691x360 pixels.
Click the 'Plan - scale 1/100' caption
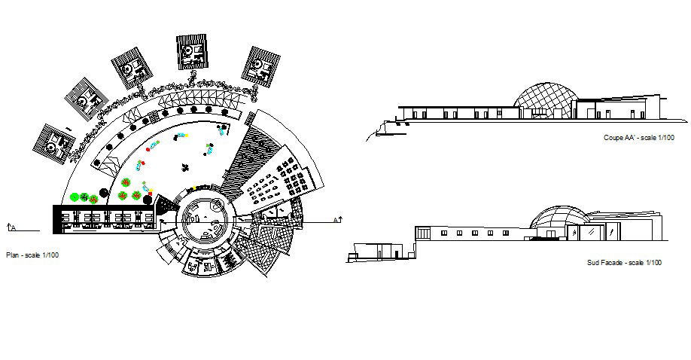[32, 255]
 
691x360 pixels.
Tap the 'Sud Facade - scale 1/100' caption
[624, 262]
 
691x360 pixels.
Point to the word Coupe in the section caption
[613, 139]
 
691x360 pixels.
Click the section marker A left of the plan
[11, 226]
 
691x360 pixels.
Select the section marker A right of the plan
[338, 219]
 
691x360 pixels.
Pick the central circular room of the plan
[202, 218]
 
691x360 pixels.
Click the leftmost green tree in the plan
[75, 197]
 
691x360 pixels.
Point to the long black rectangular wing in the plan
[105, 218]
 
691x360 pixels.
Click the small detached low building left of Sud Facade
[374, 251]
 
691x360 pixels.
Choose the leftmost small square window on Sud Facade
[443, 233]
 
